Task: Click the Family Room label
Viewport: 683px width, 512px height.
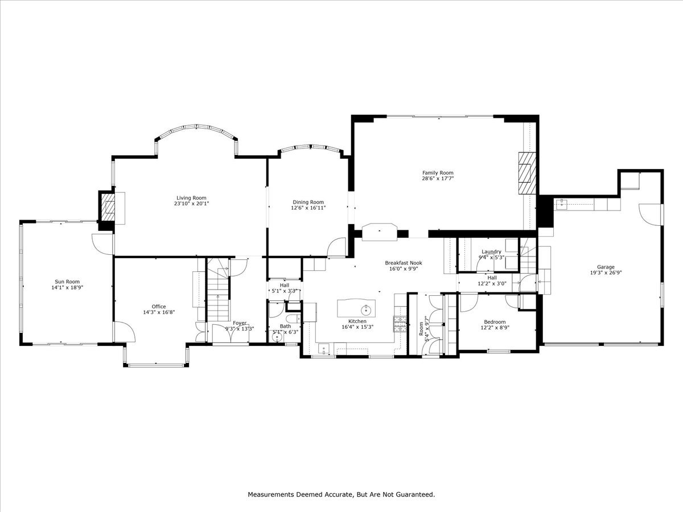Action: (438, 172)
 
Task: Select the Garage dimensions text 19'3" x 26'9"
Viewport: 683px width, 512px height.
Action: (606, 272)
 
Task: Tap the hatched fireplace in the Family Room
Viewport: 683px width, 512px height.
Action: (527, 173)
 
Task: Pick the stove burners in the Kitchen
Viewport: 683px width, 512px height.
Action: (400, 324)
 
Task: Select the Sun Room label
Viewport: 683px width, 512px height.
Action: (67, 281)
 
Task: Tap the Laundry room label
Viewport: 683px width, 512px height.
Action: (491, 251)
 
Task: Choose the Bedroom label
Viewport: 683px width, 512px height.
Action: (495, 321)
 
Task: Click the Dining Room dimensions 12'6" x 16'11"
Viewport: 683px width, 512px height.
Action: (308, 208)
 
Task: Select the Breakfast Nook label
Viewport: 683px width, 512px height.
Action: (403, 263)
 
